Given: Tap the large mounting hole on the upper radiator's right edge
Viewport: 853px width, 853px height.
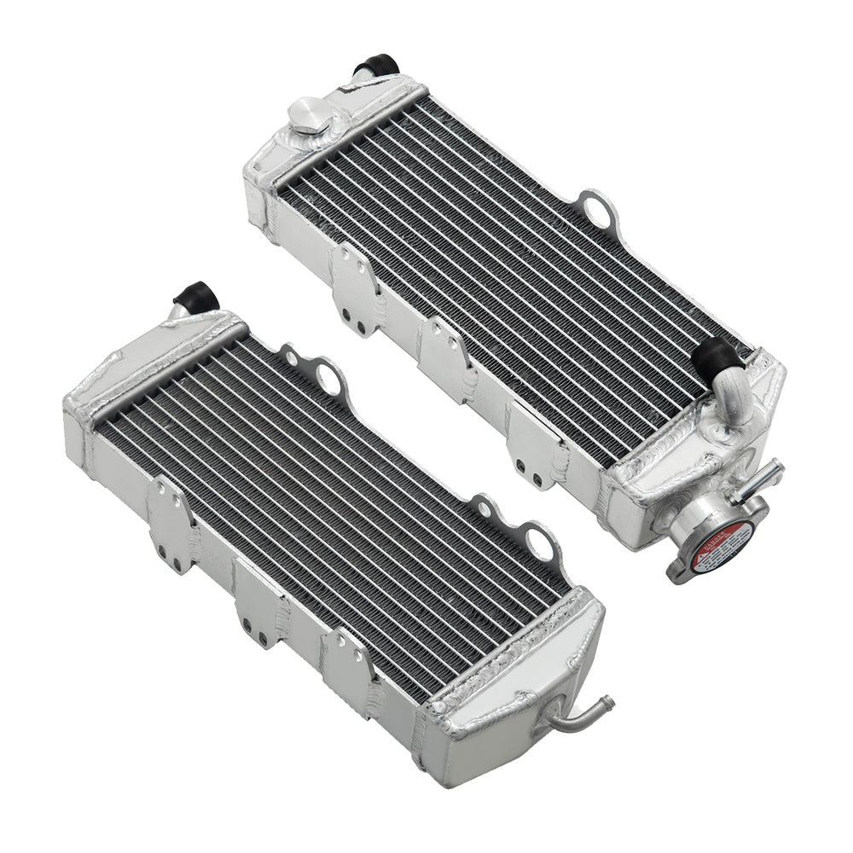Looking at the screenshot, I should click(x=595, y=206).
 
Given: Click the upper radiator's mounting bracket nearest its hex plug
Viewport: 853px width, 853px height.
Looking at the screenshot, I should click(x=352, y=273).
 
